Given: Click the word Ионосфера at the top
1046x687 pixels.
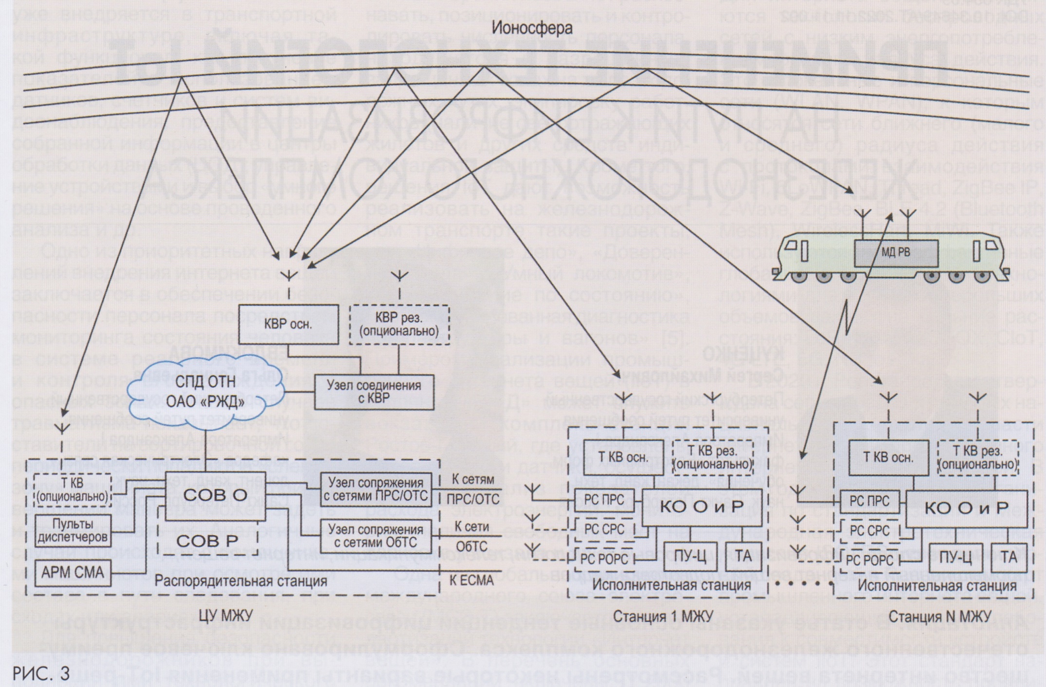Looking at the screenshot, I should pos(532,28).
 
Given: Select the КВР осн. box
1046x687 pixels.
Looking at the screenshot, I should pos(289,325).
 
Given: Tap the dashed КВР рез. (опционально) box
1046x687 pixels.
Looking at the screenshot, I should pos(399,325).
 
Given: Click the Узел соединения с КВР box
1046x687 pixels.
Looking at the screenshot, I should pos(374,392).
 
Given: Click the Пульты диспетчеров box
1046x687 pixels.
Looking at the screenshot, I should pos(72,530).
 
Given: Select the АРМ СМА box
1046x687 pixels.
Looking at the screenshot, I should pos(72,572).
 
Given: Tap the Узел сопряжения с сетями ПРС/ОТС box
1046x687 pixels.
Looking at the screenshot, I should pos(376,489).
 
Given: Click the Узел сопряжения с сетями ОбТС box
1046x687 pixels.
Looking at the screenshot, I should pos(376,535).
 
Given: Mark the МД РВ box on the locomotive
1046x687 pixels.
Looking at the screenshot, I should pos(896,253).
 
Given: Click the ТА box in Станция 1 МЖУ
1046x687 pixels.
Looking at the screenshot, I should pos(743,556).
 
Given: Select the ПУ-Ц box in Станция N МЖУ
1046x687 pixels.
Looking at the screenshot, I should pos(956,558).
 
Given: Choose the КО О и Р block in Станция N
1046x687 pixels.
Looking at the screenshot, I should pos(966,508).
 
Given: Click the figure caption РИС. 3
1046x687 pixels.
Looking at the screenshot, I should pos(41,673).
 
